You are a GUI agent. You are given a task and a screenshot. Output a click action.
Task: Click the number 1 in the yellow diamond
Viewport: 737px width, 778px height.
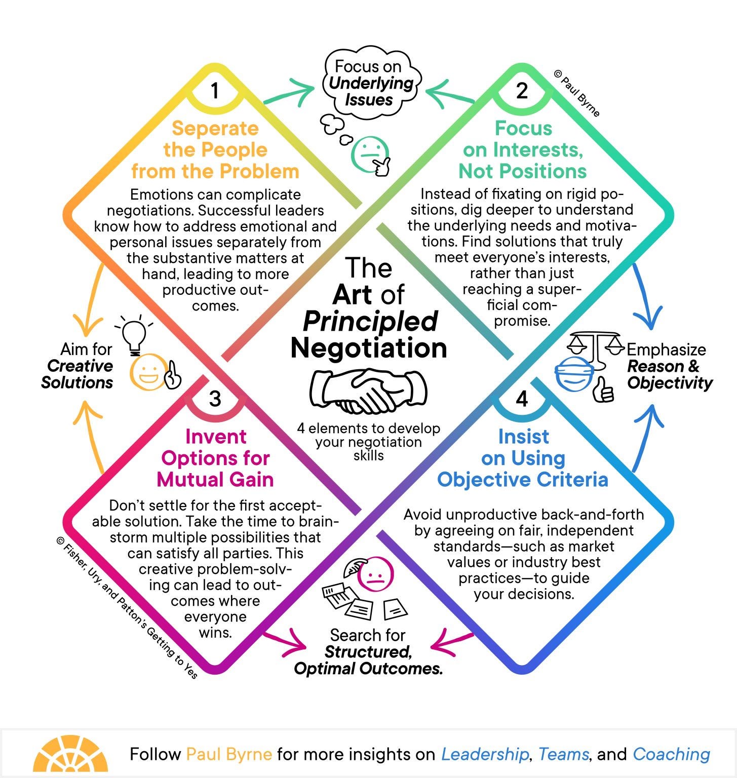pyautogui.click(x=215, y=91)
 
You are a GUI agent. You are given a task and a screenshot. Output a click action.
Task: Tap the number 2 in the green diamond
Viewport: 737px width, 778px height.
pyautogui.click(x=522, y=91)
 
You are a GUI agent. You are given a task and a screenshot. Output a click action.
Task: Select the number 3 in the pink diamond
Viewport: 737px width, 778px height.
pyautogui.click(x=215, y=399)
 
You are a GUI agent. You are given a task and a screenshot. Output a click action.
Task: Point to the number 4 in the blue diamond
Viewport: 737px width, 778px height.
pyautogui.click(x=522, y=399)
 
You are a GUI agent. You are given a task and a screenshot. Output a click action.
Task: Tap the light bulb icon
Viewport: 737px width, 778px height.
pyautogui.click(x=135, y=335)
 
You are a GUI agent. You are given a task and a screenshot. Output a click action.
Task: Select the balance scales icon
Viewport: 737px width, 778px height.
pyautogui.click(x=596, y=346)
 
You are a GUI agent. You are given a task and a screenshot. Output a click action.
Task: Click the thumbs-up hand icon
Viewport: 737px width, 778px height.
pyautogui.click(x=604, y=390)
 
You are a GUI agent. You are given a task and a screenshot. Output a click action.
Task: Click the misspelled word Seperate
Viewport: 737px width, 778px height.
pyautogui.click(x=215, y=129)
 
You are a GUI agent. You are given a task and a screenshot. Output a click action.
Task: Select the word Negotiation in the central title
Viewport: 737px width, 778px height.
pyautogui.click(x=368, y=348)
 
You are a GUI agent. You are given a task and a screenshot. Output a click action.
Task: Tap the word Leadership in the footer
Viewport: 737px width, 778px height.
pyautogui.click(x=485, y=755)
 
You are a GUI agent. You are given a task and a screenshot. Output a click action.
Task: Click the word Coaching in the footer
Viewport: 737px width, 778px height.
pyautogui.click(x=671, y=755)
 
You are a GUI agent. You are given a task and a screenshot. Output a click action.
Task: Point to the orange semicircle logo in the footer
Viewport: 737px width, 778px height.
pyautogui.click(x=70, y=755)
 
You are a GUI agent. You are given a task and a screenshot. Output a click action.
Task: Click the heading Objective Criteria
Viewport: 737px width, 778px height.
pyautogui.click(x=522, y=480)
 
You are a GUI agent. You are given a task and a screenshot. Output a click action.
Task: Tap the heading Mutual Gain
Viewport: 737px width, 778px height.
pyautogui.click(x=215, y=480)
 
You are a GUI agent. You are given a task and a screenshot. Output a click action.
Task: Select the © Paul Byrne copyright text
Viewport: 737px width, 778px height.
pyautogui.click(x=577, y=94)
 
